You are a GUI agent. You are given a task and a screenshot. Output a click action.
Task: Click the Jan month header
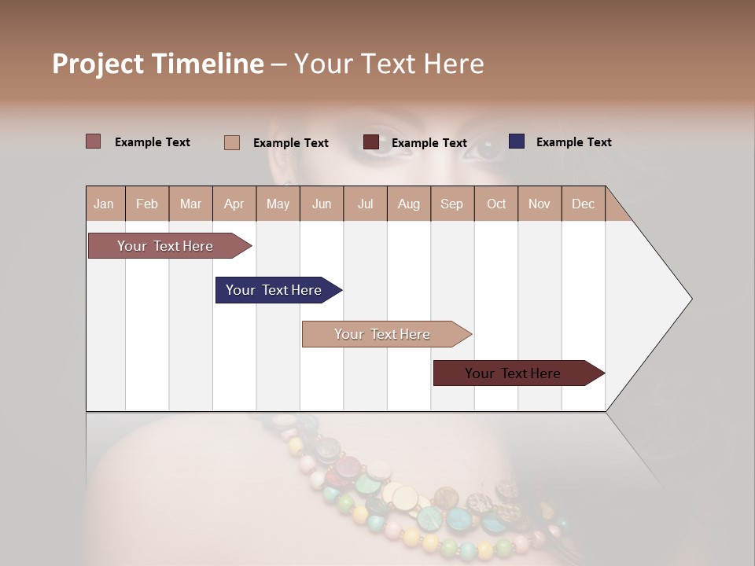pos(105,204)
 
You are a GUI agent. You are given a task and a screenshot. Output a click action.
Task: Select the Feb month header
pos(147,204)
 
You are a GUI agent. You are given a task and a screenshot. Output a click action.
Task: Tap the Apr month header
pos(234,204)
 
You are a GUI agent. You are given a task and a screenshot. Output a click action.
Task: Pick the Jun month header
pos(322,204)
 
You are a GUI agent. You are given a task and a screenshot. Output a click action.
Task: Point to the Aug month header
pos(408,204)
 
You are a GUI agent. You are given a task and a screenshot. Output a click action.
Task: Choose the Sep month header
pos(451,204)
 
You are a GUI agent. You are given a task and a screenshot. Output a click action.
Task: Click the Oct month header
pos(496,204)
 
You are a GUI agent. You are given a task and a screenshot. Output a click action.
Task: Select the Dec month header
pos(583,204)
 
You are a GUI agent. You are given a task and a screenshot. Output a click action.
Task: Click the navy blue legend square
pos(517,141)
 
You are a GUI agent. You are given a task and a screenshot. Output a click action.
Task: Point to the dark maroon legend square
pos(371,142)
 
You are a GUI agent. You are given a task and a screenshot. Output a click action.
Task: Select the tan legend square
pos(232,142)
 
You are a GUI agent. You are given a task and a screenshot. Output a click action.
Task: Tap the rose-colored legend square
pos(94,141)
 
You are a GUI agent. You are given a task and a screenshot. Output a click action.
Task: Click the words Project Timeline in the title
pos(158,64)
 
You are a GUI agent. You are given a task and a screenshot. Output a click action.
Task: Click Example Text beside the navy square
pos(573,142)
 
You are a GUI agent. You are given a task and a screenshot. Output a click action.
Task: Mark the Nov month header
pos(540,204)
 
